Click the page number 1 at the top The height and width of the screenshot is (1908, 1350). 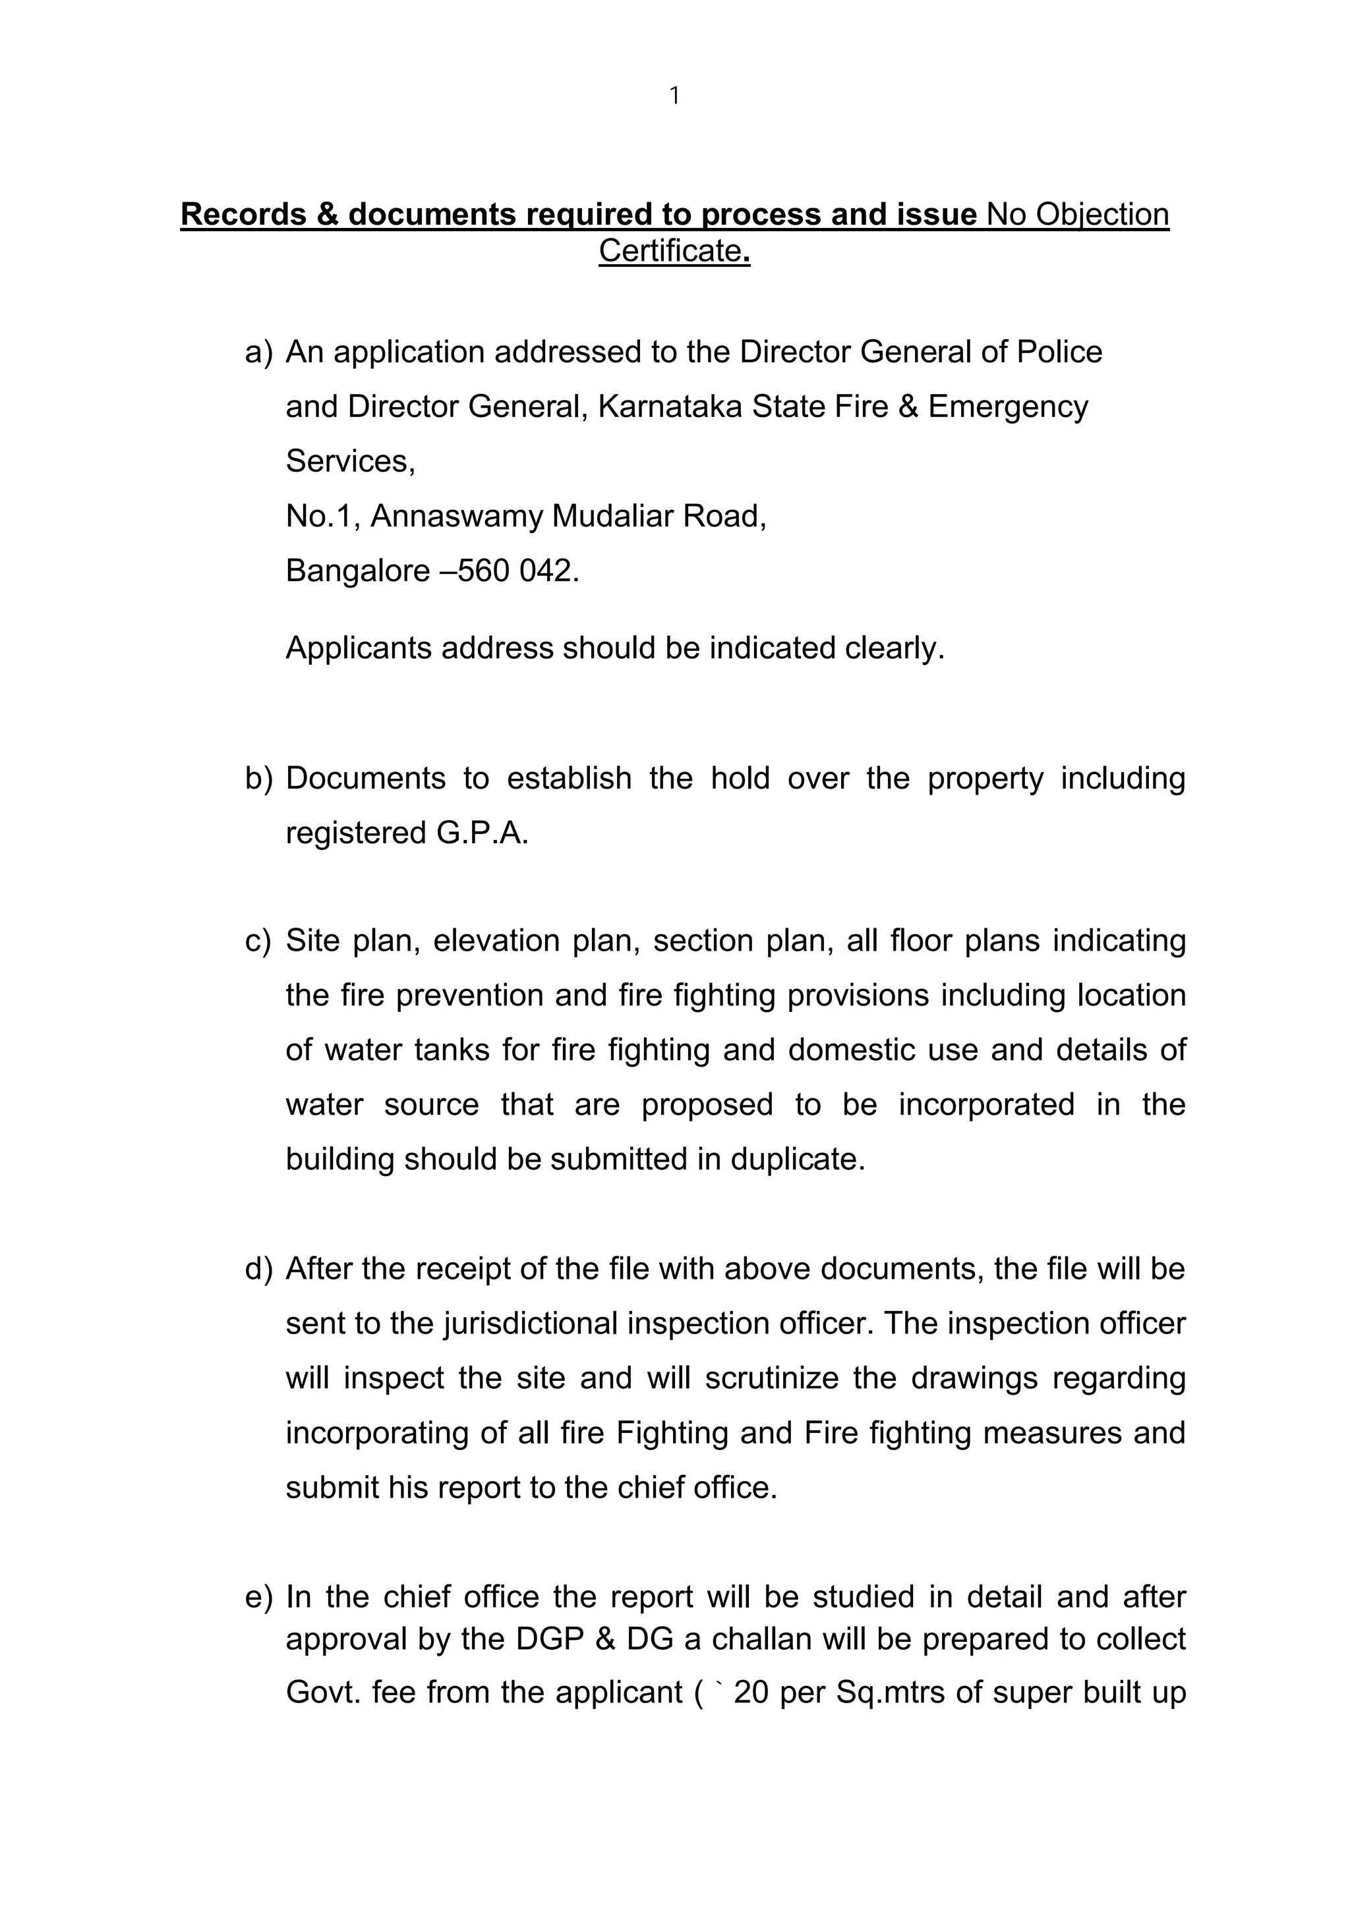coord(674,96)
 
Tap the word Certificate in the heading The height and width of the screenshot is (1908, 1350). coord(670,250)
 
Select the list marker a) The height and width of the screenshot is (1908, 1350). coord(258,352)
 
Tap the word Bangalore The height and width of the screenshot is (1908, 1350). coord(357,571)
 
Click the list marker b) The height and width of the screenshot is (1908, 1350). coord(258,779)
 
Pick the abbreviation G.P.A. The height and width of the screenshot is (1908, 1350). coord(482,833)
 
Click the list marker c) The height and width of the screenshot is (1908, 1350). coord(258,941)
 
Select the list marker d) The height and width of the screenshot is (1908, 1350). coord(258,1269)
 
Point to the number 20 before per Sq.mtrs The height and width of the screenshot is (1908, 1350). coord(751,1693)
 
